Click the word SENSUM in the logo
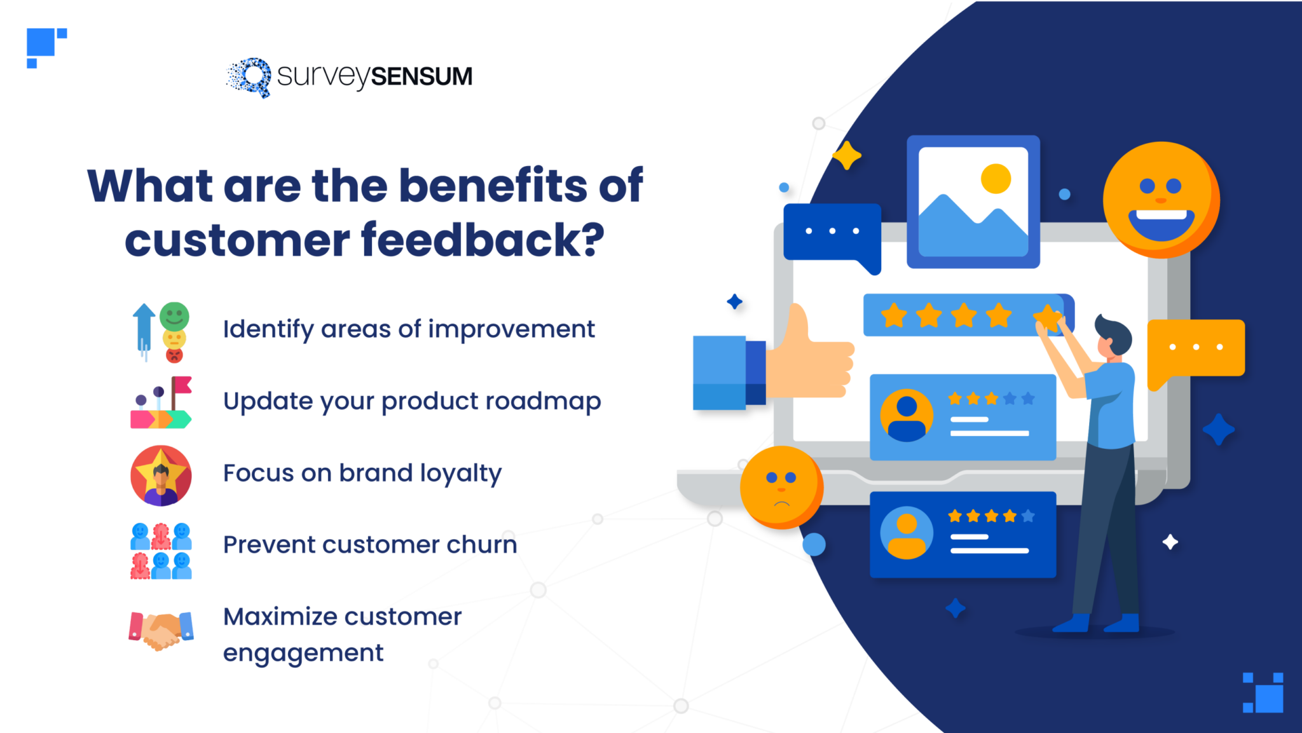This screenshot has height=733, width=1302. click(x=421, y=76)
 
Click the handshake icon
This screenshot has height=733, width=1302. click(x=161, y=630)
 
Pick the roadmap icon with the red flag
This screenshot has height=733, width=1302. click(x=161, y=402)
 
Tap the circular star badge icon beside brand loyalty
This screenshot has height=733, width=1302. click(x=161, y=475)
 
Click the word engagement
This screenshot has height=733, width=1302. click(x=303, y=653)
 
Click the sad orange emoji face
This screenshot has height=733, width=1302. click(x=781, y=487)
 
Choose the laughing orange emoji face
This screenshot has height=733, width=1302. click(x=1161, y=199)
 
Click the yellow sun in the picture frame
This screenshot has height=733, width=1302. click(x=996, y=178)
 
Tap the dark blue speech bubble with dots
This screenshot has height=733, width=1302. click(x=832, y=233)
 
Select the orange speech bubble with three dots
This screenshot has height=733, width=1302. click(x=1196, y=348)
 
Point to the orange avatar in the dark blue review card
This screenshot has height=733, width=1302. click(x=907, y=533)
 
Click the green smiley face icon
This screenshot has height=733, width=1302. click(x=174, y=316)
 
